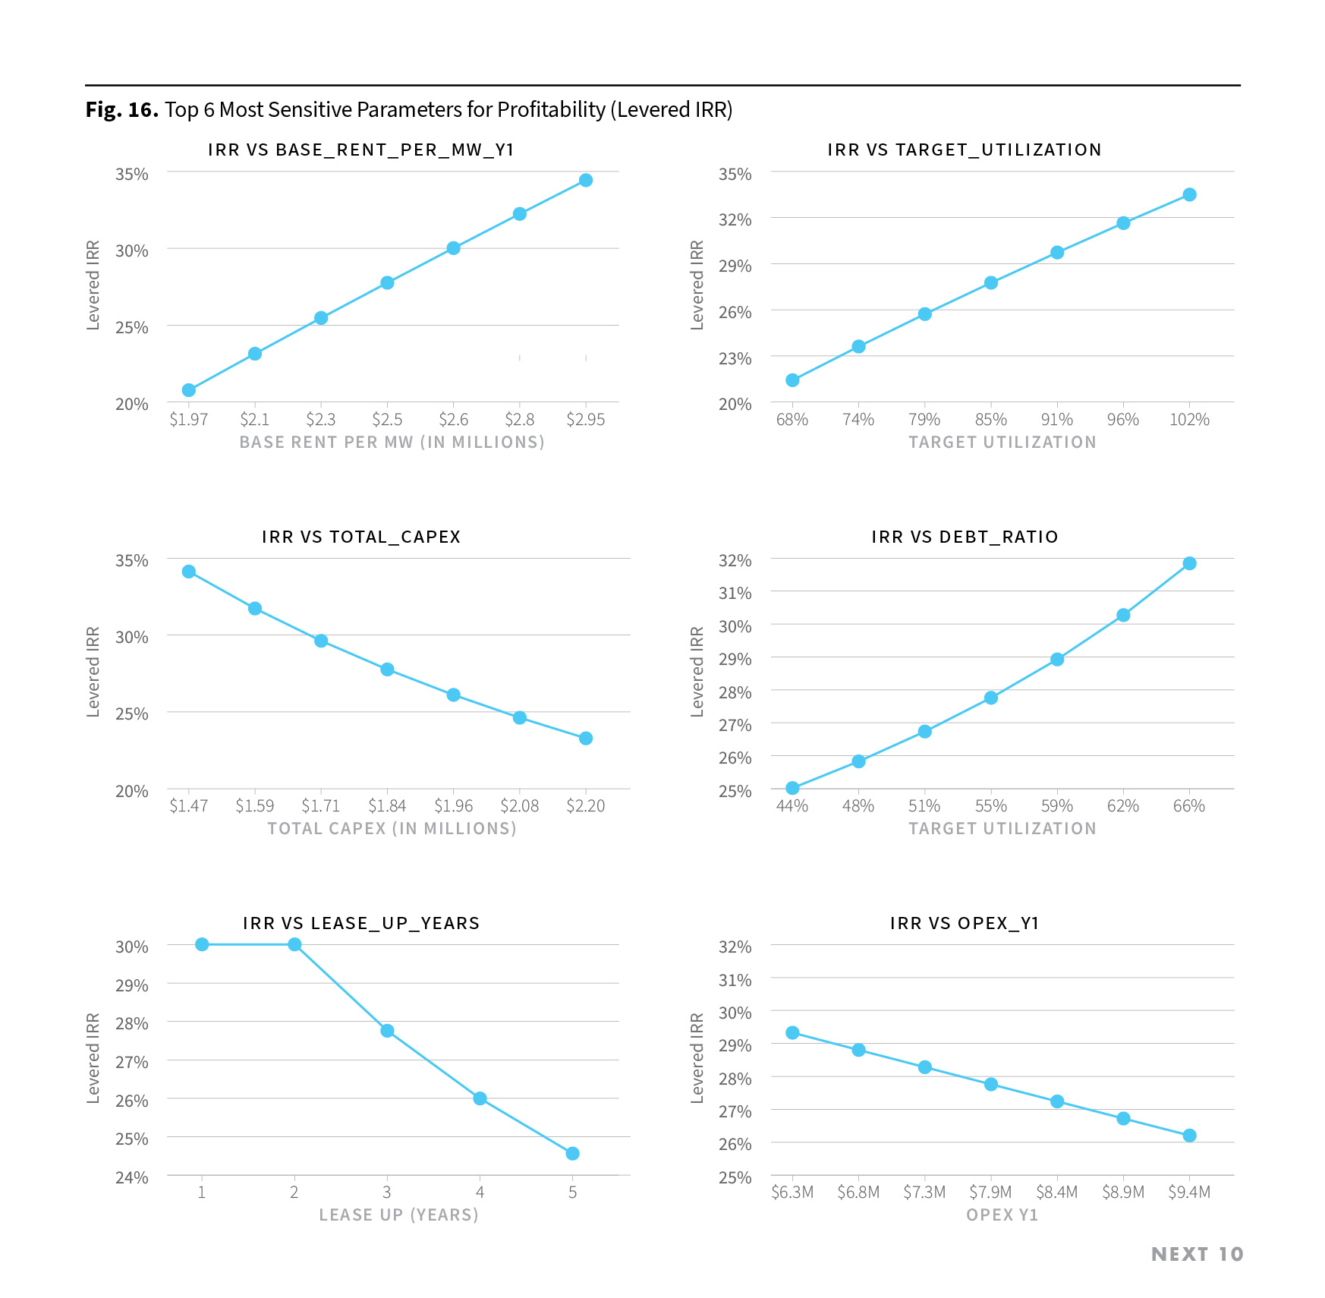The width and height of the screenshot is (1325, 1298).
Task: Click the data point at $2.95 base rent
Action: pos(585,180)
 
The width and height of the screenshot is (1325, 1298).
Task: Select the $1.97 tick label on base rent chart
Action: pos(188,420)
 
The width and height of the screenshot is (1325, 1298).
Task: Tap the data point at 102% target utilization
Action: pos(1189,195)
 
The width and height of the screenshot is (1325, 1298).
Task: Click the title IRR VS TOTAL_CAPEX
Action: pos(361,537)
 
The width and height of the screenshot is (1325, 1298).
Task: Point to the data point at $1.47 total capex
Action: pos(189,572)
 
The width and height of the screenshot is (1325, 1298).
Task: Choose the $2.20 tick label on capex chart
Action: pos(585,806)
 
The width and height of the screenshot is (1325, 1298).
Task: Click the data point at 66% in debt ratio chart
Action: pos(1189,563)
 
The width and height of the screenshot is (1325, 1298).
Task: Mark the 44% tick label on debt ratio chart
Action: pos(792,806)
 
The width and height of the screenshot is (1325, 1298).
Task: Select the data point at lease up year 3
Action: pos(387,1031)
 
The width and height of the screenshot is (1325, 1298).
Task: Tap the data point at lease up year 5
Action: pos(572,1154)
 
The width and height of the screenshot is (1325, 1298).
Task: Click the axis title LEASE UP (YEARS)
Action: pos(398,1215)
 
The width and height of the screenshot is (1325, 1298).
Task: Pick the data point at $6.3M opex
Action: pos(792,1033)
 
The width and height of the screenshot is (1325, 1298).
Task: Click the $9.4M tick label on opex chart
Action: pos(1189,1192)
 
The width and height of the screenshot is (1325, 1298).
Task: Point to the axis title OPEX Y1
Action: pos(1002,1215)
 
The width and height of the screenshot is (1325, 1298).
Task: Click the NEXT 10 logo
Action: pos(1197,1255)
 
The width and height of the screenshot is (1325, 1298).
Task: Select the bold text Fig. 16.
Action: pos(121,110)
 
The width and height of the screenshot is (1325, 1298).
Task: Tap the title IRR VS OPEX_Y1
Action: pos(965,923)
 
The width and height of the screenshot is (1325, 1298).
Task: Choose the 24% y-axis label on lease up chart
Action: pos(131,1178)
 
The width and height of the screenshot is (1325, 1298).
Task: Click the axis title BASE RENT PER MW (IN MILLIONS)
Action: pos(392,443)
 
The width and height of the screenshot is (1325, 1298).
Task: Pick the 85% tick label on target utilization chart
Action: pos(990,420)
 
